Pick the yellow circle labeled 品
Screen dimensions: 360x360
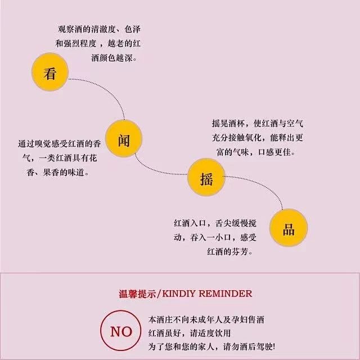(x=289, y=228)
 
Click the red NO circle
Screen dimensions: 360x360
(x=121, y=331)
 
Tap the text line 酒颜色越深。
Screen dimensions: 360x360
(x=112, y=58)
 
